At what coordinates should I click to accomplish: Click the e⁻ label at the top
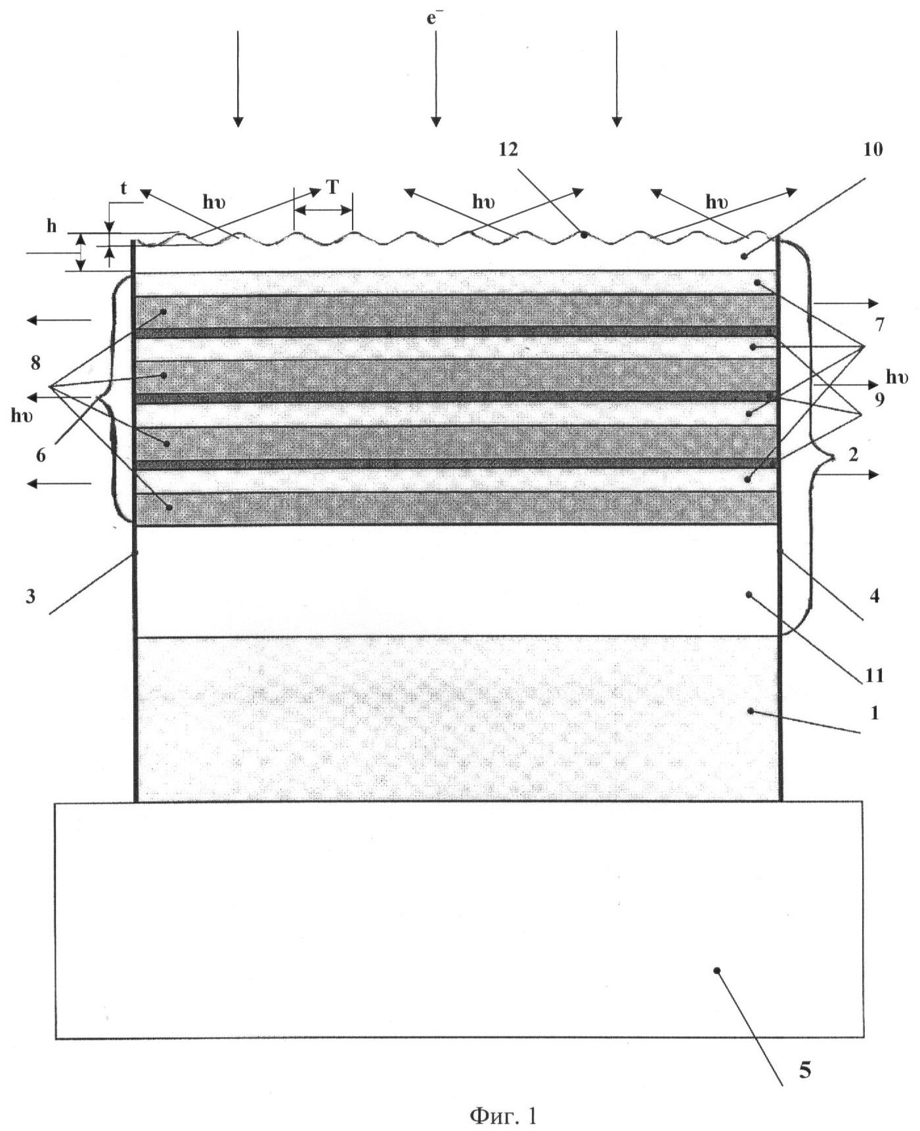pyautogui.click(x=433, y=18)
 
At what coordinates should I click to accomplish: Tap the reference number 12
pyautogui.click(x=508, y=150)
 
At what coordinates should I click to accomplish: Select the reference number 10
pyautogui.click(x=873, y=150)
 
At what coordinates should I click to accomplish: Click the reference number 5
pyautogui.click(x=805, y=1071)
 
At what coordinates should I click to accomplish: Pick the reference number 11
pyautogui.click(x=874, y=675)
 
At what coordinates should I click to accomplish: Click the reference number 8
pyautogui.click(x=35, y=363)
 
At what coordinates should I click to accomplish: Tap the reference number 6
pyautogui.click(x=41, y=455)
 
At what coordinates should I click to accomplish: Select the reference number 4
pyautogui.click(x=874, y=596)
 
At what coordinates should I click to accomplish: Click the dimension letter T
pyautogui.click(x=332, y=188)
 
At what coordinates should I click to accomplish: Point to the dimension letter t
pyautogui.click(x=123, y=188)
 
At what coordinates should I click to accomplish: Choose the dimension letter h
pyautogui.click(x=51, y=227)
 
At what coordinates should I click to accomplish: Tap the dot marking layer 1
pyautogui.click(x=751, y=711)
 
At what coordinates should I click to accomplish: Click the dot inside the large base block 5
pyautogui.click(x=717, y=970)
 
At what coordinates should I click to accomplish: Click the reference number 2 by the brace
pyautogui.click(x=853, y=455)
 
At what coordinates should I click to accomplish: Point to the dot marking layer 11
pyautogui.click(x=748, y=594)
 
